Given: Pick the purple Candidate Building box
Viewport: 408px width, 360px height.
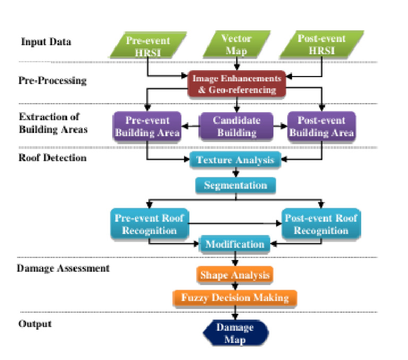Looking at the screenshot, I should pos(236,126).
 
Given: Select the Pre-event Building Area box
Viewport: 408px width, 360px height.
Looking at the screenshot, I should pos(147,127).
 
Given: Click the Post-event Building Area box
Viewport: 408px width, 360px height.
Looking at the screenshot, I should pos(321,127).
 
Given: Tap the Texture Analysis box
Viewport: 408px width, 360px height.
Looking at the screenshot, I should pos(235,160).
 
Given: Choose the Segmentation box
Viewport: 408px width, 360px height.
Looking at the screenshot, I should pos(235,186).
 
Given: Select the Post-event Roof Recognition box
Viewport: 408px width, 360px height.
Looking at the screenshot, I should pos(320,224).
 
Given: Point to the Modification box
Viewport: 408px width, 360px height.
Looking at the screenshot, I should pos(234,245).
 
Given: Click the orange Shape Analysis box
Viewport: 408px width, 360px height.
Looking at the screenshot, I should pos(235,275).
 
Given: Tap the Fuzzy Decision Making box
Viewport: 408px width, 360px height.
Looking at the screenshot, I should pos(235,298).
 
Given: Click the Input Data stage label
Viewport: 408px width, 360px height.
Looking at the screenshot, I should pos(46,42).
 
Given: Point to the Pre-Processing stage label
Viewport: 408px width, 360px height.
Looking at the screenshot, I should pos(53,81).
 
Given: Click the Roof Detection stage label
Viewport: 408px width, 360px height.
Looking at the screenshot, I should pos(52,157).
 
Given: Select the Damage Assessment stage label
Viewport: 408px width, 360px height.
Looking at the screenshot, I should pos(63,268).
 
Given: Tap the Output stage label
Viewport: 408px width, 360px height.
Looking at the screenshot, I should pos(35,323).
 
